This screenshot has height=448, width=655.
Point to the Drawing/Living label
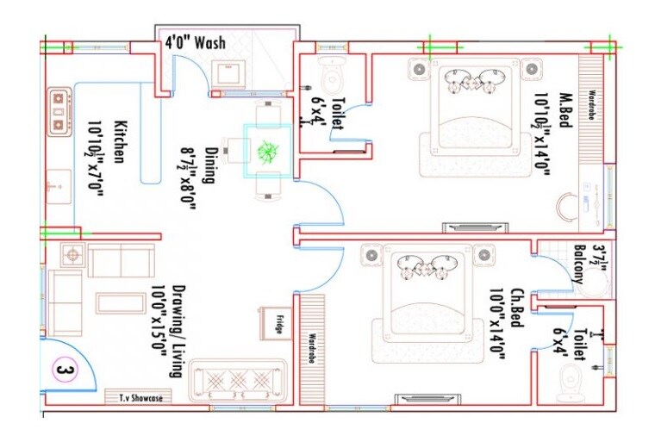[x=166, y=331]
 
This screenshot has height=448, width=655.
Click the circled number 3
[x=62, y=371]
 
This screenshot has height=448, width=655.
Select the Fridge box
[x=270, y=323]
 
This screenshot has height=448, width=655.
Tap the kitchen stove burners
[x=59, y=110]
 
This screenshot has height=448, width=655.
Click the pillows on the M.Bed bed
[x=469, y=81]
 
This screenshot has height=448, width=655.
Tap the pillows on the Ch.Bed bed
[x=422, y=266]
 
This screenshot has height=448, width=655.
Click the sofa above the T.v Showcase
[x=236, y=377]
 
